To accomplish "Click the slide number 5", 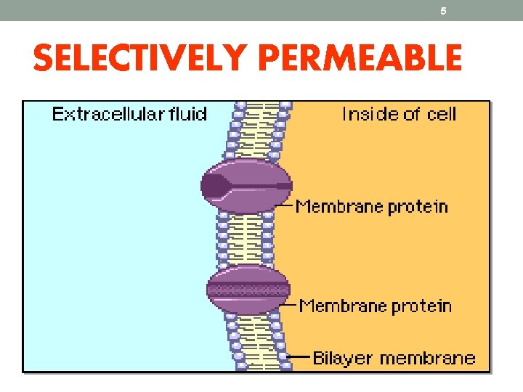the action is (443, 11).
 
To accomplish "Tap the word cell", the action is (442, 114).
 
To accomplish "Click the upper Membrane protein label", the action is (372, 206).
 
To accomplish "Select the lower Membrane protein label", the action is (376, 306).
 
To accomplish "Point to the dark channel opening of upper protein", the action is (215, 186).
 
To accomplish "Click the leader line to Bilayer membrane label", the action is (299, 357).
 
